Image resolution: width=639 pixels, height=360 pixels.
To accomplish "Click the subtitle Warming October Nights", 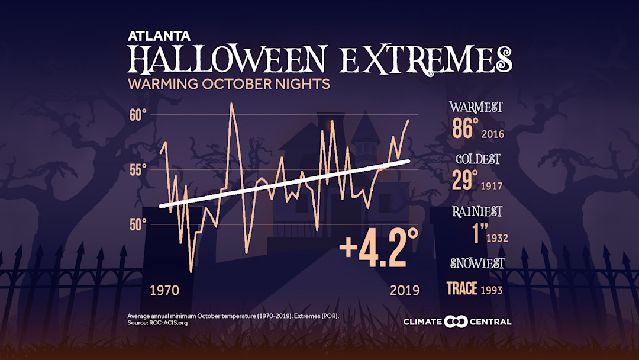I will tap(228, 84).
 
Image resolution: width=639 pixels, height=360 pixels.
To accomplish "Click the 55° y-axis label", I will tap(138, 170).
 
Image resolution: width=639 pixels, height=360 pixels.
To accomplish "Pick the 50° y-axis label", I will tap(138, 224).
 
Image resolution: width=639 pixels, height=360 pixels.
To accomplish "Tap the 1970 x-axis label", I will tap(164, 290).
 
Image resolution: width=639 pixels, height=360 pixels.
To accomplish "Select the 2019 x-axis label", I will tap(405, 290).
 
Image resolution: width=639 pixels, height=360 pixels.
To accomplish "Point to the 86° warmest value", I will tap(465, 128).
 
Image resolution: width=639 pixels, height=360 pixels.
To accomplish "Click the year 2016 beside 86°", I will tap(493, 134).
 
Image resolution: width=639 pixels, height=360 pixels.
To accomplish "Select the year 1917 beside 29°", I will tap(492, 187).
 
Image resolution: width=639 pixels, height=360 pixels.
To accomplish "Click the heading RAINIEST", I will tap(477, 211).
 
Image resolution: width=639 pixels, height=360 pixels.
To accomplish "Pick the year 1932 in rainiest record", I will tap(497, 239).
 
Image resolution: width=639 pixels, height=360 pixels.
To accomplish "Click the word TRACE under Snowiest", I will tap(462, 288).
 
